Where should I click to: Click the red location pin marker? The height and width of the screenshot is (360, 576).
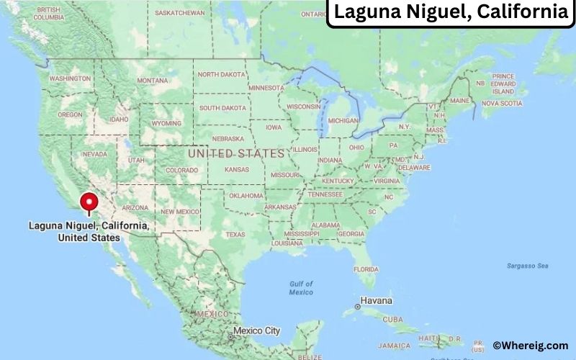click(x=89, y=202)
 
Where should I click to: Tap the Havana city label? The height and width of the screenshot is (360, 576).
click(x=377, y=300)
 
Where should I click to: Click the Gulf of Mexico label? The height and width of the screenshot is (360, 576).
click(x=301, y=288)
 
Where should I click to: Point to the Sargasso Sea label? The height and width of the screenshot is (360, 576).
click(x=527, y=266)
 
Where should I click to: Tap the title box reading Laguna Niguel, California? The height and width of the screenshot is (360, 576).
click(x=450, y=12)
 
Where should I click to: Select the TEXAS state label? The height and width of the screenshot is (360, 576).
click(x=235, y=234)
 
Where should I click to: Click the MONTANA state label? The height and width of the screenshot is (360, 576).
click(x=152, y=81)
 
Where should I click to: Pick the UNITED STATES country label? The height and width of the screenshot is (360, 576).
click(x=236, y=153)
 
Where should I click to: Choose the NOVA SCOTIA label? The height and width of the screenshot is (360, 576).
click(x=501, y=103)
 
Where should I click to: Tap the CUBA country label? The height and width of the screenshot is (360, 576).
click(x=393, y=319)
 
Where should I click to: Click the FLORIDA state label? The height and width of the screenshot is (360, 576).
click(x=364, y=269)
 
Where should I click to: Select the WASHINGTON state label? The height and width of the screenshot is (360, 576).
click(x=70, y=78)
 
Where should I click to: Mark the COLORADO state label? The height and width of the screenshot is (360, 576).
click(x=181, y=170)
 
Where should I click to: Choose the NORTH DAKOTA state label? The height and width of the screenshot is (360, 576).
click(x=221, y=74)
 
